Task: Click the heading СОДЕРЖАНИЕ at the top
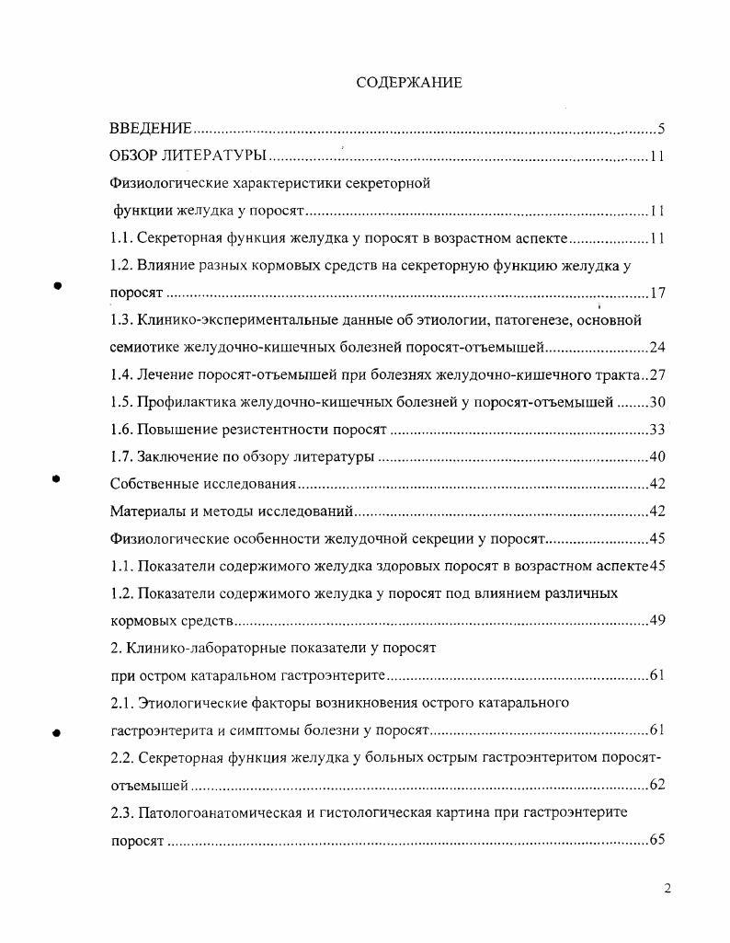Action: pyautogui.click(x=408, y=83)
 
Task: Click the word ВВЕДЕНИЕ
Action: pyautogui.click(x=151, y=128)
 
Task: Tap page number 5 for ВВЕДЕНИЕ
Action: pyautogui.click(x=661, y=128)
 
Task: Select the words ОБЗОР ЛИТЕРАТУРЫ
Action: pyautogui.click(x=188, y=155)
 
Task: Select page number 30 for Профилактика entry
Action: pyautogui.click(x=656, y=402)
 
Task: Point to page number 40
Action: pyautogui.click(x=656, y=457)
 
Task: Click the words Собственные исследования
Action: pyautogui.click(x=202, y=484)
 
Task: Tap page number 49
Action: pyautogui.click(x=656, y=620)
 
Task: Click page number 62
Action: pyautogui.click(x=656, y=786)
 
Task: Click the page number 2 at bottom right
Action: pyautogui.click(x=667, y=889)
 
